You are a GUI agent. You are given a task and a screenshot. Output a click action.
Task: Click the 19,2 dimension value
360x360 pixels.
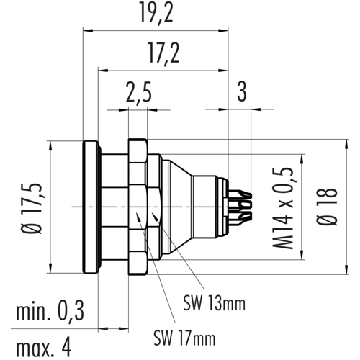[x=156, y=13]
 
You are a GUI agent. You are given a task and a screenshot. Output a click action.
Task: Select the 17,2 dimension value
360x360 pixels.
[x=163, y=54]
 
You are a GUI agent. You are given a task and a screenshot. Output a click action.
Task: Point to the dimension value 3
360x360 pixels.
[x=242, y=91]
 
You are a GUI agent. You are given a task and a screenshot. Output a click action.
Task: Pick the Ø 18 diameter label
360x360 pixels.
[x=327, y=207]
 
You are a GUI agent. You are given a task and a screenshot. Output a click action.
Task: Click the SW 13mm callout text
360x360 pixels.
[x=215, y=303]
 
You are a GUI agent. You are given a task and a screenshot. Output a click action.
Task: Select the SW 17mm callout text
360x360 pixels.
[x=184, y=338]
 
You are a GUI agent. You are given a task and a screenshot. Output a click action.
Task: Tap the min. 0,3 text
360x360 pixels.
[x=50, y=312]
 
